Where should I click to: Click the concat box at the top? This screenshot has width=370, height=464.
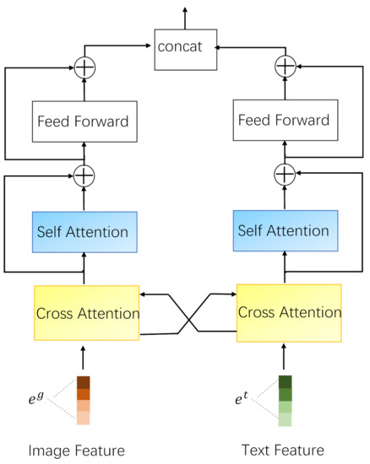click(185, 47)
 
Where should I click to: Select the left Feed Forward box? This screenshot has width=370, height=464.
click(83, 121)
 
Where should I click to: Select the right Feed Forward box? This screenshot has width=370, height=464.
click(286, 121)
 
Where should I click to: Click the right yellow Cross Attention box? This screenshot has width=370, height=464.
click(289, 313)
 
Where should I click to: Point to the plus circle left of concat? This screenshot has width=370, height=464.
click(84, 64)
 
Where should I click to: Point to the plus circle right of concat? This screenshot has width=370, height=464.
click(286, 64)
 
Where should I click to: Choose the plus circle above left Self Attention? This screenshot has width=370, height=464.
click(84, 175)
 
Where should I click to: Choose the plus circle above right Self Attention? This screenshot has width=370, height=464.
click(286, 175)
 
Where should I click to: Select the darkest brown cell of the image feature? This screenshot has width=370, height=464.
click(84, 381)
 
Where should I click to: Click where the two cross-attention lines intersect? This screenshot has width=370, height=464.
click(188, 315)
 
